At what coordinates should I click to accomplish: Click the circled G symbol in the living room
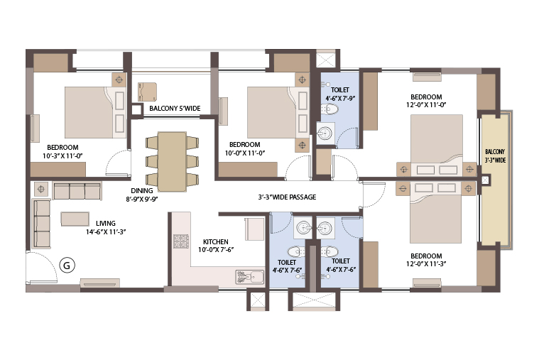pyautogui.click(x=67, y=265)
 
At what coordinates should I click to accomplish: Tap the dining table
pyautogui.click(x=173, y=161)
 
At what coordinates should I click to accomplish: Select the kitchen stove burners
pyautogui.click(x=181, y=241)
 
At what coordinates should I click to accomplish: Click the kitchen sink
pyautogui.click(x=250, y=277)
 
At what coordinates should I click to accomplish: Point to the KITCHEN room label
pyautogui.click(x=216, y=241)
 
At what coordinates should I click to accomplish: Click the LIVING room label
pyautogui.click(x=106, y=223)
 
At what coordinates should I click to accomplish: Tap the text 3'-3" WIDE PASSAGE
pyautogui.click(x=287, y=197)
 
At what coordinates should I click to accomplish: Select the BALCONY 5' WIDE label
pyautogui.click(x=175, y=109)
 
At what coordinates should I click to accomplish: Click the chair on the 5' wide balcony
pyautogui.click(x=147, y=92)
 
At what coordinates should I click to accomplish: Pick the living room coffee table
pyautogui.click(x=75, y=219)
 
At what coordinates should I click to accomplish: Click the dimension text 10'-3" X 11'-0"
pyautogui.click(x=62, y=156)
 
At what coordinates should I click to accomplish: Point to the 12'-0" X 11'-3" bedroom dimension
pyautogui.click(x=426, y=264)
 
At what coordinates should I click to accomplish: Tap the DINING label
pyautogui.click(x=142, y=190)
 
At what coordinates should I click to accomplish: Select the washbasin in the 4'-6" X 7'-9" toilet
pyautogui.click(x=325, y=132)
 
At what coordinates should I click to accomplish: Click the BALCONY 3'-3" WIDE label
pyautogui.click(x=495, y=156)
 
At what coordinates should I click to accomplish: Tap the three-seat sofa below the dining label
pyautogui.click(x=77, y=191)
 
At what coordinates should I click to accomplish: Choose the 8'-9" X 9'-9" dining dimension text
pyautogui.click(x=142, y=199)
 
